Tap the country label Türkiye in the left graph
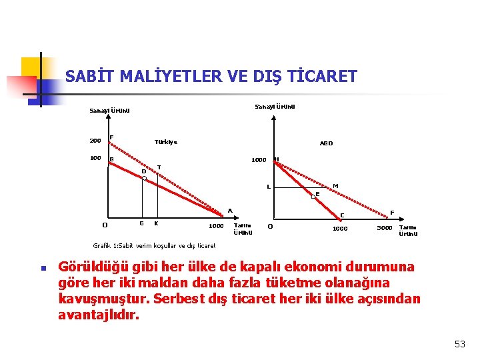[166, 142]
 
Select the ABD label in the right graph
[326, 143]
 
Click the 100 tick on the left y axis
[95, 159]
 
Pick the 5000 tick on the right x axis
[385, 228]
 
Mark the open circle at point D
[144, 179]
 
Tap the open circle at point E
[313, 197]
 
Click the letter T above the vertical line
[159, 167]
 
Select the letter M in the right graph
[335, 185]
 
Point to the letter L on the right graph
[268, 187]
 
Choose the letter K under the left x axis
[156, 223]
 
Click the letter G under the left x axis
[140, 223]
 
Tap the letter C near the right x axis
[343, 215]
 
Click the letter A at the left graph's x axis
[229, 211]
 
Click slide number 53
[459, 344]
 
